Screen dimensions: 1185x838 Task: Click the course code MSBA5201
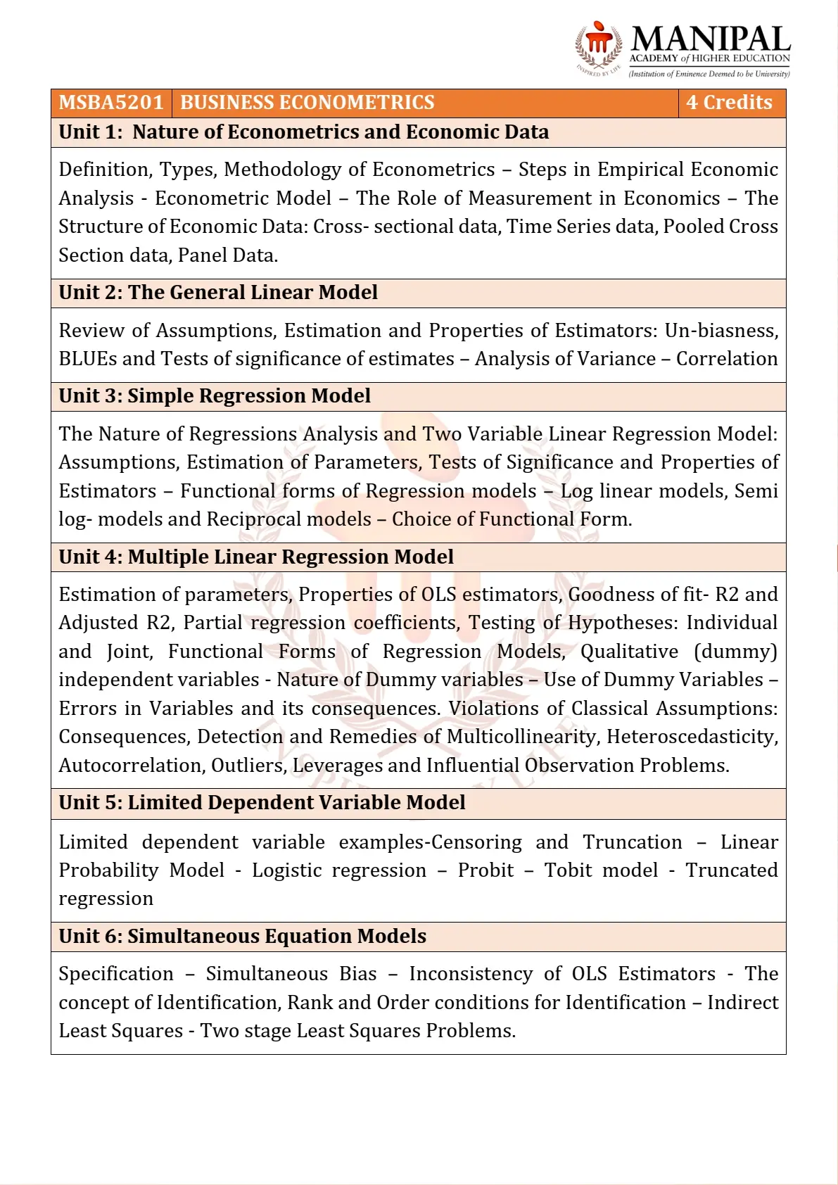click(111, 103)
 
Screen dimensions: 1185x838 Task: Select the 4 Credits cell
click(729, 103)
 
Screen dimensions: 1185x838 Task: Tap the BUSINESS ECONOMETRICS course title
click(307, 103)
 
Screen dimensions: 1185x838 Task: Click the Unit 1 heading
click(303, 132)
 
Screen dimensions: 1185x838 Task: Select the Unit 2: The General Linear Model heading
click(218, 293)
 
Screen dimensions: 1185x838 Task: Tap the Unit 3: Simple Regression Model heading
click(215, 396)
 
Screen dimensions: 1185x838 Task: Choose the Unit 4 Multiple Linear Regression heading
click(256, 557)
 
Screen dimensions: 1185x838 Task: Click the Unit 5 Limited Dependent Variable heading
click(262, 803)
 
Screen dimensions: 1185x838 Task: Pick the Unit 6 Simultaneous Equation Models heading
click(242, 937)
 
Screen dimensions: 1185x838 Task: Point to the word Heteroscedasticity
click(692, 737)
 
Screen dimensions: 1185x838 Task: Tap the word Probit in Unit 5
click(485, 870)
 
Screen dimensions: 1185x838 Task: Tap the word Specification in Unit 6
click(116, 974)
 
